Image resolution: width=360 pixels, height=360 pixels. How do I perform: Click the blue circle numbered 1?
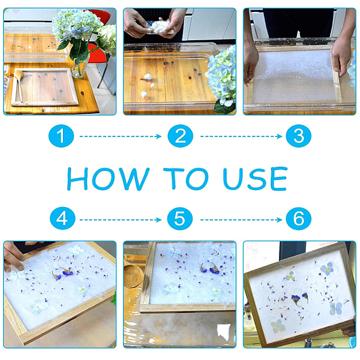pos(61,136)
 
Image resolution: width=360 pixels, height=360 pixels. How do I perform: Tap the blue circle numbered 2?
pos(180,136)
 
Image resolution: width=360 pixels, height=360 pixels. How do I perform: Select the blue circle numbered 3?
pos(298,136)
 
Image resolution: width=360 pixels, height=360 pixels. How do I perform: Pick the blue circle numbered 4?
pos(62,218)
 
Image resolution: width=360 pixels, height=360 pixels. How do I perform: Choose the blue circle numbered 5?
pos(180,218)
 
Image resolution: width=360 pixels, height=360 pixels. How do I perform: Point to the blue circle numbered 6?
pos(298,218)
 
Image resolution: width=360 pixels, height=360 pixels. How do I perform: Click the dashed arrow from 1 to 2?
pos(121,136)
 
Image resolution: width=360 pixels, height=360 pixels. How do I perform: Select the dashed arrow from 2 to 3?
pos(241,136)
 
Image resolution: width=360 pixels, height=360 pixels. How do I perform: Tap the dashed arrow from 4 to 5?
pos(121,220)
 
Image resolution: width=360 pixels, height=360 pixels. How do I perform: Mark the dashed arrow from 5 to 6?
pos(241,220)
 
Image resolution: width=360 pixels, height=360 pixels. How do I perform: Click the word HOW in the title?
pos(108,179)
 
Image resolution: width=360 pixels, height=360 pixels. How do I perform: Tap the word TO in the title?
pos(186,179)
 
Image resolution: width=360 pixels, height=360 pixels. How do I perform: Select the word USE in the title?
pos(255,179)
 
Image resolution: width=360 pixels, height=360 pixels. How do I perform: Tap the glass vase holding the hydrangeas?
pos(80,67)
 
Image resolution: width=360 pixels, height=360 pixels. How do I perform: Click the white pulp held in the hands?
pos(160,27)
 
